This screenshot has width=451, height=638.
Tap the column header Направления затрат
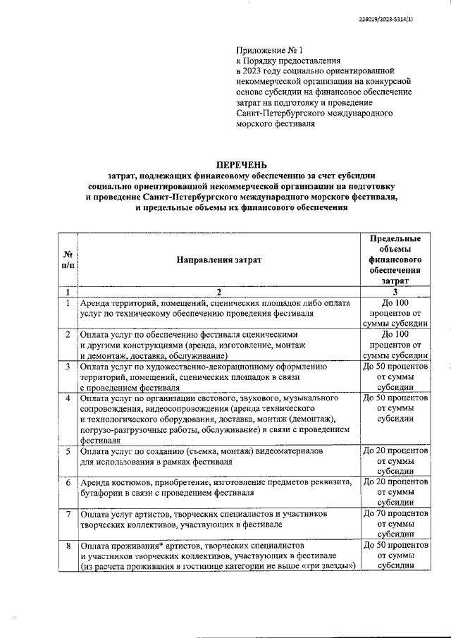[218, 259]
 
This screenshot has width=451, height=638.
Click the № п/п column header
[67, 259]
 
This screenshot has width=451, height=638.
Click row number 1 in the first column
[67, 302]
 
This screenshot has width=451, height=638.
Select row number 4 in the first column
[67, 398]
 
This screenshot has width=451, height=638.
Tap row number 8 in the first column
[67, 546]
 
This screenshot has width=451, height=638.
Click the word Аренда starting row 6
[97, 483]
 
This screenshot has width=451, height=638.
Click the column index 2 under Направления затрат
[218, 291]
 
